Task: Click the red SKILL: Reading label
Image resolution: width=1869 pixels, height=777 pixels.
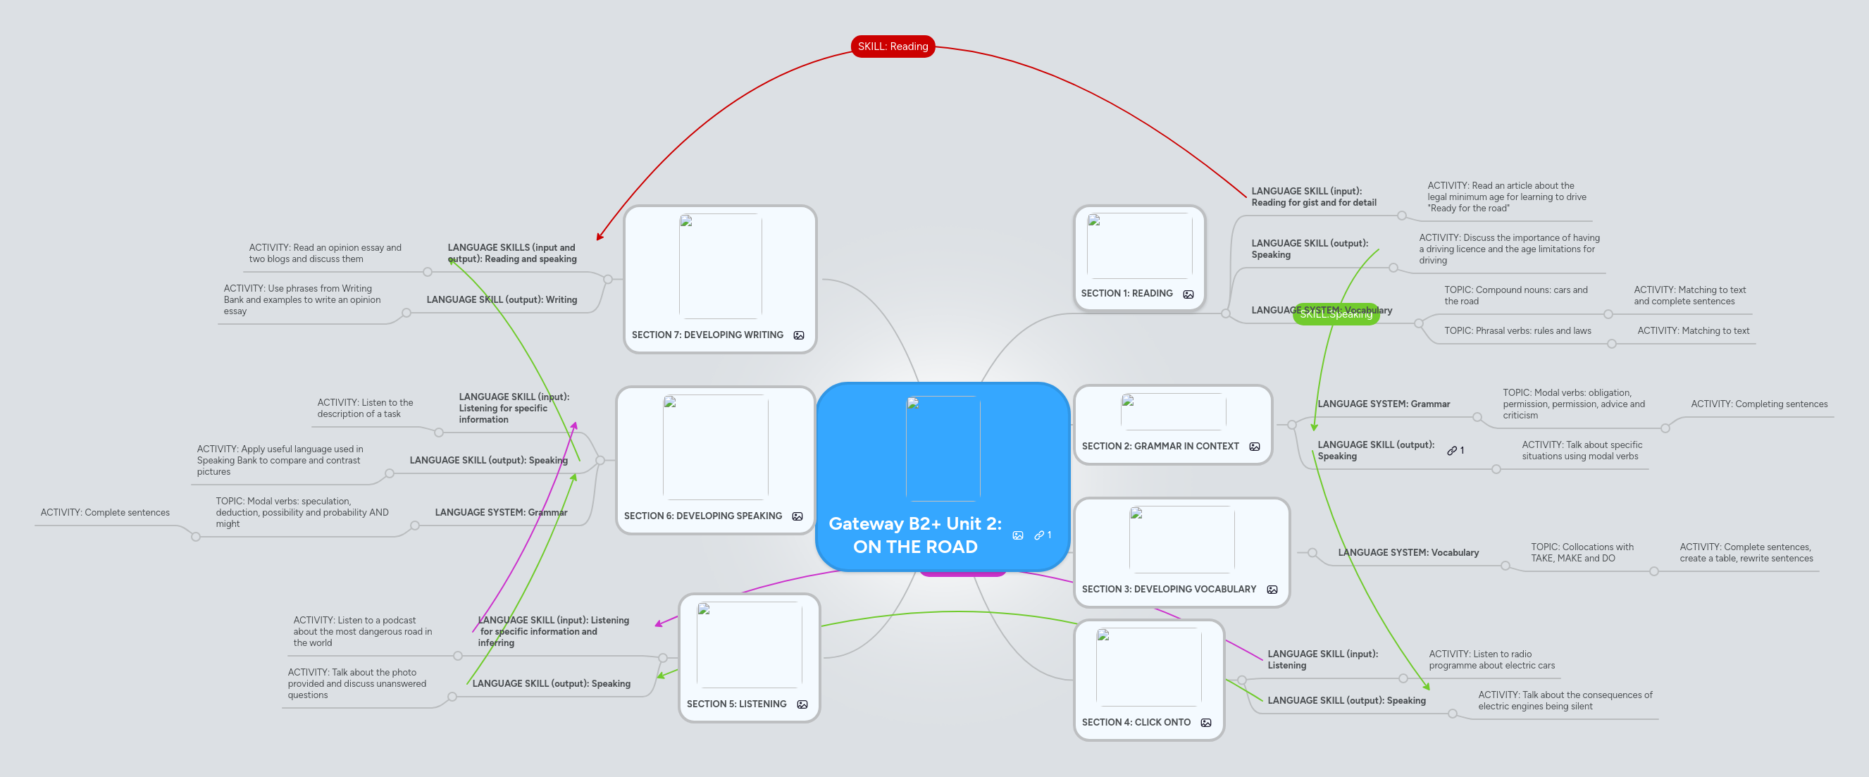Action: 893,46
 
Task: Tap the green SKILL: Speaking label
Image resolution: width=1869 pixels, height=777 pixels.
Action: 1336,315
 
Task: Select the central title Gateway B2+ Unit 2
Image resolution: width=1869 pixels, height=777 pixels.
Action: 915,535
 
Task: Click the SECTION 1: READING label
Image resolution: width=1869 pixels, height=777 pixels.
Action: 1126,294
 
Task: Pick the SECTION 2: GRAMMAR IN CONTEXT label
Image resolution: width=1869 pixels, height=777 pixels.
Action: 1160,446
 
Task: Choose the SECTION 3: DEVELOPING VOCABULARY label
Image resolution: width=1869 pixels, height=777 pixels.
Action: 1168,589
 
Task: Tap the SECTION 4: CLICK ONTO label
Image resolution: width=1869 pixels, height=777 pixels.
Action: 1136,723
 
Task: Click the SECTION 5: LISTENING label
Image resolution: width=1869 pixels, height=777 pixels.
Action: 735,704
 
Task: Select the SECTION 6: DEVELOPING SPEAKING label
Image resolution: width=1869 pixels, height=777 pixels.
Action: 702,516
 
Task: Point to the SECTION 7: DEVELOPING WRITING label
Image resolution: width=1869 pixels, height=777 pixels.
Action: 707,335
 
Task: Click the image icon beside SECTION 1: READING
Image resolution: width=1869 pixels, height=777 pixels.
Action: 1188,294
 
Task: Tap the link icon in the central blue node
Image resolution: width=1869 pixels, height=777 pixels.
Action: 1040,535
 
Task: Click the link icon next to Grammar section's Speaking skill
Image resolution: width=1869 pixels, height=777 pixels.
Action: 1452,451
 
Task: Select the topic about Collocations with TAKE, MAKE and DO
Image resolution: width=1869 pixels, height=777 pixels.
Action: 1582,553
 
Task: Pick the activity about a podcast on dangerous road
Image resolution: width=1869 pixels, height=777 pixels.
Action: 362,631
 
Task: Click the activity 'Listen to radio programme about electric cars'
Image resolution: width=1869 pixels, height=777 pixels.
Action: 1491,659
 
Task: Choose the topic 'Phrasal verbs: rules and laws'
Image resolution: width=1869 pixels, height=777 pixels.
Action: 1517,331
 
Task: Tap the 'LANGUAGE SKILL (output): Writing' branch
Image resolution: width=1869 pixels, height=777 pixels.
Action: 502,299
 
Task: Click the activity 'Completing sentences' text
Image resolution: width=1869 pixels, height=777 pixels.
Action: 1758,404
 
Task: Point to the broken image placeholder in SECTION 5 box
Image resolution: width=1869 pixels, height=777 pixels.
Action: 703,609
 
